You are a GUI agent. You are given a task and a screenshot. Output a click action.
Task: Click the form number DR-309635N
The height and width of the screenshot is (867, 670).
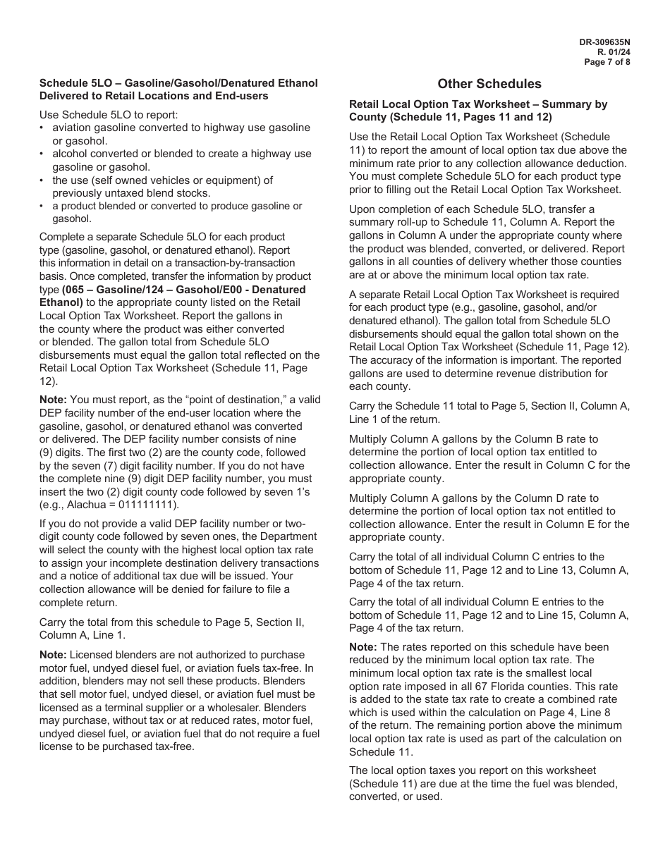pos(604,42)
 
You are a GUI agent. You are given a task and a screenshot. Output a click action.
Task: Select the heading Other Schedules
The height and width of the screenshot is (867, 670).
pos(489,84)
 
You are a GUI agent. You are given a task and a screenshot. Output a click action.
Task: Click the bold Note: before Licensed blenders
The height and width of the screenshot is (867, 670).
pos(53,655)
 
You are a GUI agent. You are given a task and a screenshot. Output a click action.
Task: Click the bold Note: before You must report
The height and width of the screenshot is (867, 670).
pos(53,400)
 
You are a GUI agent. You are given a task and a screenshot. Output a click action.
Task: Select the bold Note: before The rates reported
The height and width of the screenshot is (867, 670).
pos(363,647)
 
